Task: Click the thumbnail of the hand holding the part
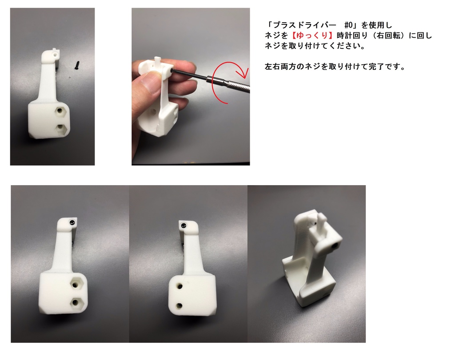pyautogui.click(x=190, y=87)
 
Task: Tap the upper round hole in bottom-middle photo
pyautogui.click(x=180, y=286)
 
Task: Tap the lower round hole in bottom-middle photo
pyautogui.click(x=180, y=305)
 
